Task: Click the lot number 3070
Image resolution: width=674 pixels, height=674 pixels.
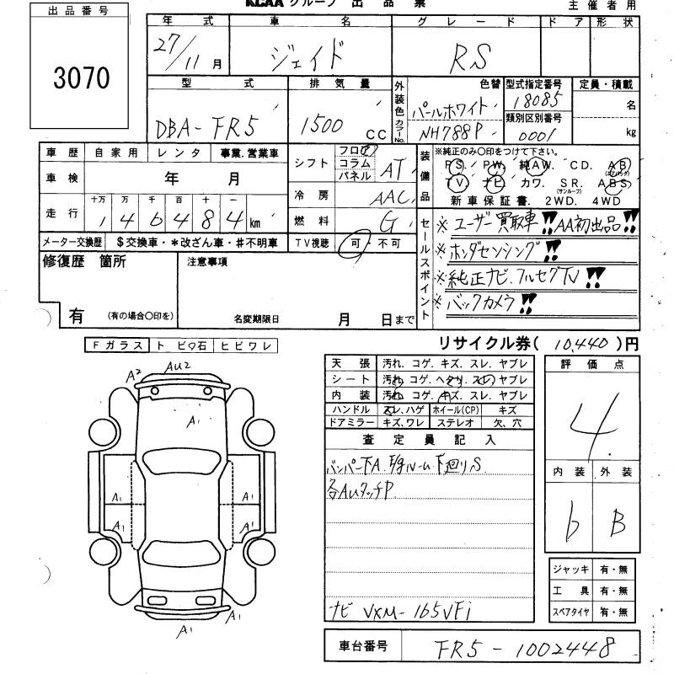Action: click(82, 78)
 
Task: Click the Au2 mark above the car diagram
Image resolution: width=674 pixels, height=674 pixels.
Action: click(178, 365)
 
